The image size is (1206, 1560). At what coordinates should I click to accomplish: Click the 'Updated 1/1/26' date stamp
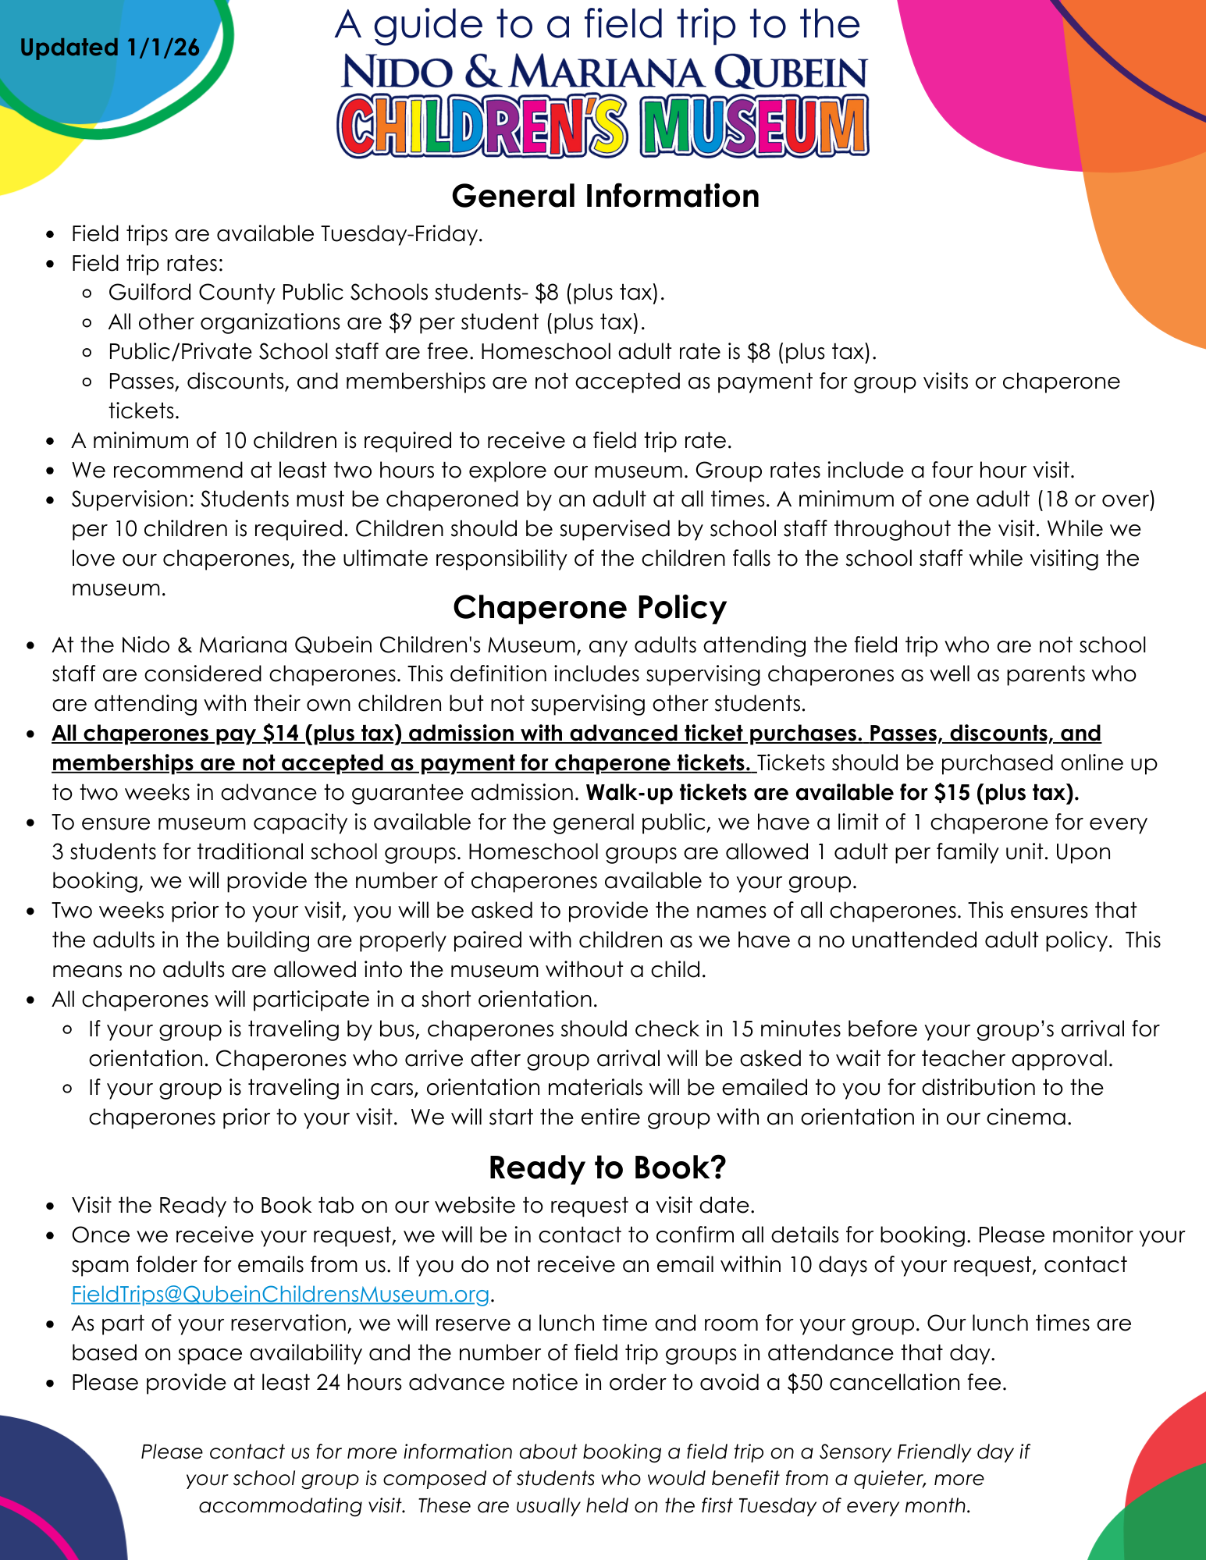click(109, 48)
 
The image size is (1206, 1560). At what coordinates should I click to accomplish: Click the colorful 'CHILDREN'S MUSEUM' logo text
click(603, 127)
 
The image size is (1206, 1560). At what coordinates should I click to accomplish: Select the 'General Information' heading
click(605, 196)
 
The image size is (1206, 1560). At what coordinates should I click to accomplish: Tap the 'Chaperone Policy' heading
click(589, 607)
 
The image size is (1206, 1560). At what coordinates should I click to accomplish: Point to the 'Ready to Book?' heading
click(607, 1167)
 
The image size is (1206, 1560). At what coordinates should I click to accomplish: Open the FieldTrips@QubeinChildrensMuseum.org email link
click(280, 1294)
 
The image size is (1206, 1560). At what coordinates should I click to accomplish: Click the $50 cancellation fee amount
click(806, 1383)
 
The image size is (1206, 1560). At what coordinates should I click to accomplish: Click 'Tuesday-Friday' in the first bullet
click(401, 233)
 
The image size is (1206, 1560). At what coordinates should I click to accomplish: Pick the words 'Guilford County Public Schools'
click(268, 293)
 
